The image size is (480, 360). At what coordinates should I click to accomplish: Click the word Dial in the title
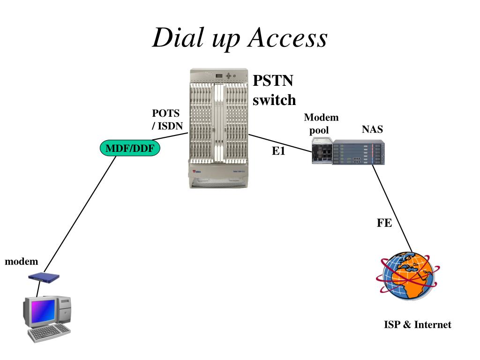click(178, 37)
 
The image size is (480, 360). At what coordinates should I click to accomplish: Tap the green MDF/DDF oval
click(130, 148)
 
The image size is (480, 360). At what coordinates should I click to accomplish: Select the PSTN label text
click(273, 81)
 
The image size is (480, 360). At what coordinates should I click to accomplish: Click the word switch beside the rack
click(274, 100)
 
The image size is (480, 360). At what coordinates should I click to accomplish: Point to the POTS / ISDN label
click(167, 120)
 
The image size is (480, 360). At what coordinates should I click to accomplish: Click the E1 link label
click(278, 150)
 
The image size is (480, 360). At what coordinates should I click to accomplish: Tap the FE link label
click(384, 223)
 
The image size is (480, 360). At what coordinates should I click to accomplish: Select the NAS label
click(372, 129)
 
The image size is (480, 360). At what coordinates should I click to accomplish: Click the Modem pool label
click(321, 124)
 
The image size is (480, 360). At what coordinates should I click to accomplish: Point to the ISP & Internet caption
click(418, 324)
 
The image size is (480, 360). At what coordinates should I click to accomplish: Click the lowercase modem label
click(22, 262)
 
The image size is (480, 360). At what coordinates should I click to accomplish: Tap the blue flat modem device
click(44, 277)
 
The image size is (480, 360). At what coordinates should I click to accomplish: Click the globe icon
click(408, 276)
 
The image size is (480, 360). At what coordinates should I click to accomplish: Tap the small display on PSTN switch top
click(218, 76)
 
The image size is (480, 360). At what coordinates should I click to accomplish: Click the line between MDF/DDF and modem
click(80, 214)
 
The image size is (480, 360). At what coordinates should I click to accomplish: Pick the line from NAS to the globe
click(392, 208)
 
